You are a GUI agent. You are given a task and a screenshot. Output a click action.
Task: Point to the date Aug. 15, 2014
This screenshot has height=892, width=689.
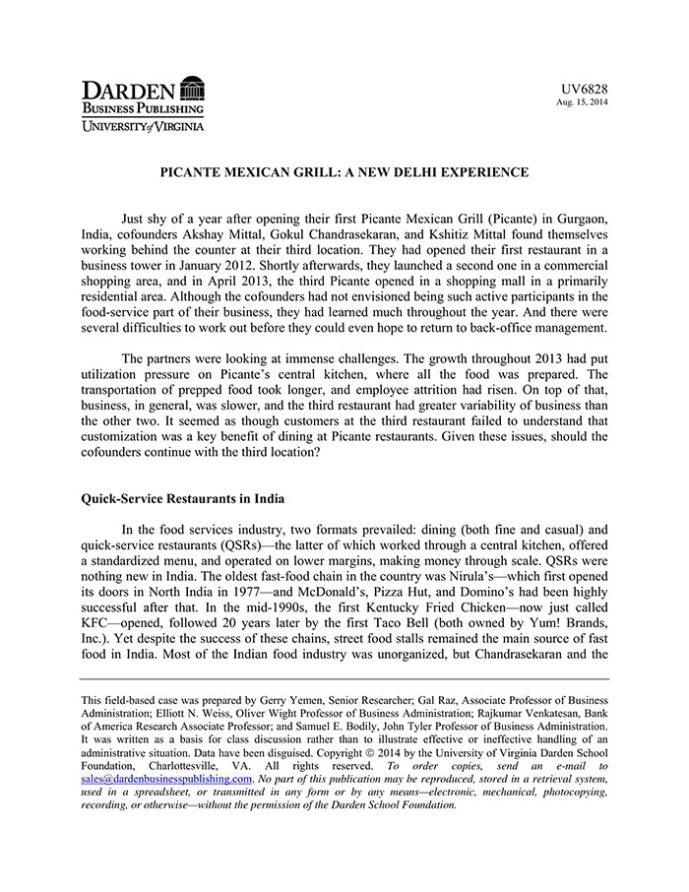582,102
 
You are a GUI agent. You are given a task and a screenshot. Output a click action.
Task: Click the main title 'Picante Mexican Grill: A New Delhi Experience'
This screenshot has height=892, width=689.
344,172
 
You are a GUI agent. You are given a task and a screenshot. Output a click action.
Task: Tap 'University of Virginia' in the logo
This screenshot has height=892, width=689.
143,126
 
